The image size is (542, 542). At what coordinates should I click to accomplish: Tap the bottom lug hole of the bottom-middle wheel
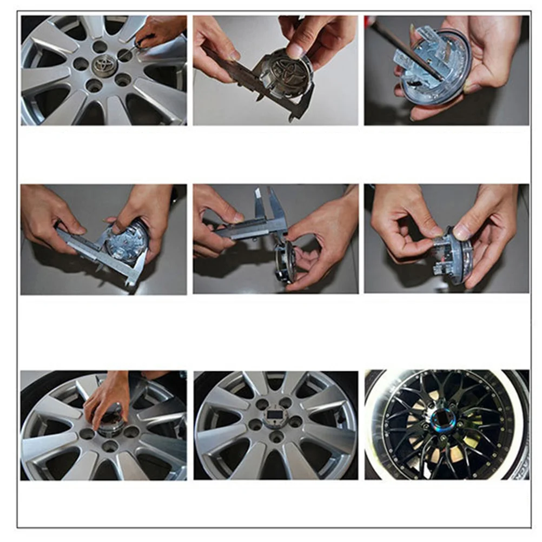(x=276, y=437)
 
